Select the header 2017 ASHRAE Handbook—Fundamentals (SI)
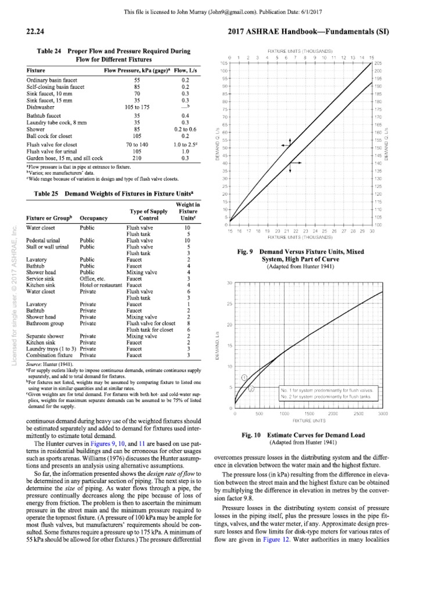point(342,32)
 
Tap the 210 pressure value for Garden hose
point(137,157)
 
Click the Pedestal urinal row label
point(43,240)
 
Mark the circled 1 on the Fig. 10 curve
point(244,377)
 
